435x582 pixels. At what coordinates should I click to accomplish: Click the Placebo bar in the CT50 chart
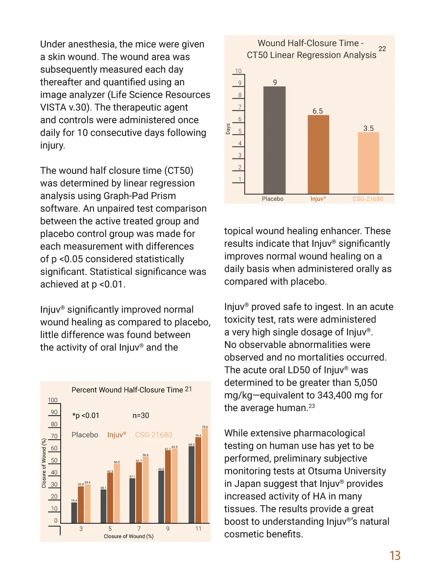click(274, 140)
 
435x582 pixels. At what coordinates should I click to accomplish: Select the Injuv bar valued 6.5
click(318, 155)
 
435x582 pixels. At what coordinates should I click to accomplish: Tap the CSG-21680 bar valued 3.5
click(368, 163)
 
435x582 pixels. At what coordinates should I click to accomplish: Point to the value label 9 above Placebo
click(275, 82)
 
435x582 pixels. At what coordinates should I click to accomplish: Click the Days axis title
click(228, 129)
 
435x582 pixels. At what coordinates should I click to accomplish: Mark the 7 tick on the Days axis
click(240, 107)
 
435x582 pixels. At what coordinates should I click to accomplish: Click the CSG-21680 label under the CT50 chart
click(367, 199)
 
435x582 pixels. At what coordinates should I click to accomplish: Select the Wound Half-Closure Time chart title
click(311, 49)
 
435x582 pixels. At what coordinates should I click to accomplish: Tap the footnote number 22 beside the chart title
click(382, 49)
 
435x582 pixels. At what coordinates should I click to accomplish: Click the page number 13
click(395, 556)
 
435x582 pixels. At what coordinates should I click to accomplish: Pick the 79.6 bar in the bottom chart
click(205, 475)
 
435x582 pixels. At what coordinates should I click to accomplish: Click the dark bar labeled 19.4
click(74, 513)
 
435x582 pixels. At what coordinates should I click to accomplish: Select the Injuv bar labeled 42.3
click(110, 498)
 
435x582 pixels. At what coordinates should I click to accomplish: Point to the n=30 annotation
click(141, 415)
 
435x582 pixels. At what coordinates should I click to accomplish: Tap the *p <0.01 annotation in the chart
click(86, 415)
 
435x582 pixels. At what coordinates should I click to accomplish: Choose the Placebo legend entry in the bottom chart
click(85, 435)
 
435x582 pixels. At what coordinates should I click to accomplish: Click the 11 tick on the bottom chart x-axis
click(198, 529)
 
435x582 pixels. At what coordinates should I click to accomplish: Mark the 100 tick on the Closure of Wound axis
click(53, 400)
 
